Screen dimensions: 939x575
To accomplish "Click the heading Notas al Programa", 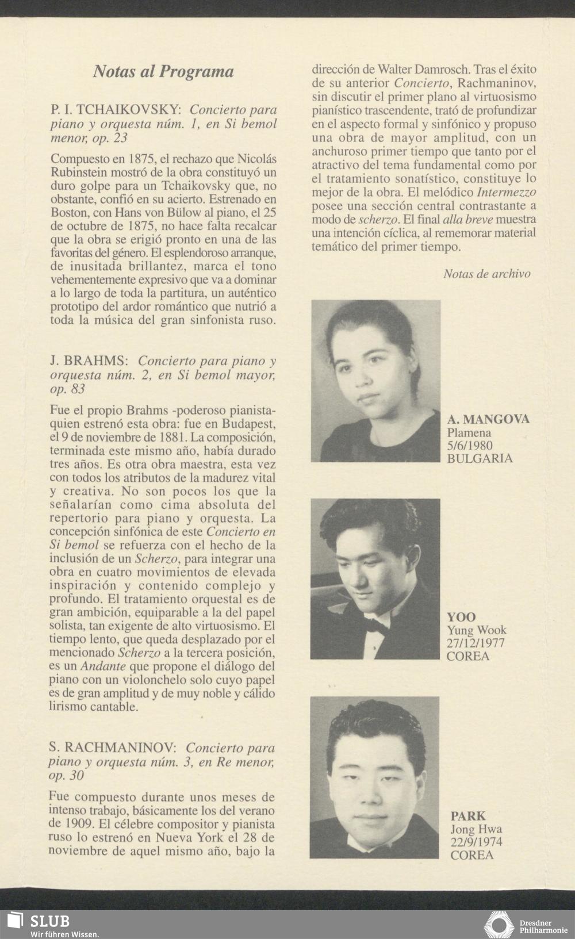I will pos(163,72).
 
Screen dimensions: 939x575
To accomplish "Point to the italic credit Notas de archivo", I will pos(486,274).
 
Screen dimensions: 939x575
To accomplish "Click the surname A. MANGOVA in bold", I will pos(488,419).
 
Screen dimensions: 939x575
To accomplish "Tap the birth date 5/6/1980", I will pos(470,446).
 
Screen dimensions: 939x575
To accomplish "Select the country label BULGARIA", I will pos(480,459).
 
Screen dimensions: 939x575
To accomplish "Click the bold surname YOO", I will pos(461,617).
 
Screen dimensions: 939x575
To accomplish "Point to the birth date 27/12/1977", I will pos(476,643).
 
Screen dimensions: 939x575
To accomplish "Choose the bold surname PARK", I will pos(468,815).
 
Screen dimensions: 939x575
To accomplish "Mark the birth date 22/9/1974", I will pos(476,842).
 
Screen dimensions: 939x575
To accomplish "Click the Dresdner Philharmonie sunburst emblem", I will pos(499,925).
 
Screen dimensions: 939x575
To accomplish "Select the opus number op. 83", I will pos(67,389).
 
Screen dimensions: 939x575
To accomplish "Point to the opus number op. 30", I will pos(66,776).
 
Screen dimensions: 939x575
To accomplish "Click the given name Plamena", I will pos(469,432).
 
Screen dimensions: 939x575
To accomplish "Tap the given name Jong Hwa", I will pos(476,829).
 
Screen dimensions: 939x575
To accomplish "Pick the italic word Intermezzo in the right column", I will pos(507,192).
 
